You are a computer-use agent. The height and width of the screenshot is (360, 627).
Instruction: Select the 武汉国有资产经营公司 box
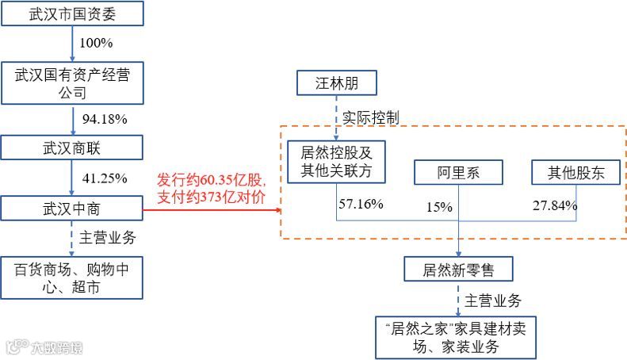pyautogui.click(x=72, y=83)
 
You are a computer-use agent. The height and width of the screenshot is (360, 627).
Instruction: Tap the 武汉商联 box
pyautogui.click(x=72, y=147)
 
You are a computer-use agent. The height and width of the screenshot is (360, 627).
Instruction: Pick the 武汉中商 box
pyautogui.click(x=72, y=209)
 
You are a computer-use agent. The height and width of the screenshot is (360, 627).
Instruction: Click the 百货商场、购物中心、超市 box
pyautogui.click(x=72, y=278)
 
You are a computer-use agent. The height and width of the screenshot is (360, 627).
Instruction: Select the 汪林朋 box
pyautogui.click(x=337, y=82)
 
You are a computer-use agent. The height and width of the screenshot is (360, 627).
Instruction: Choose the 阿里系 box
pyautogui.click(x=458, y=172)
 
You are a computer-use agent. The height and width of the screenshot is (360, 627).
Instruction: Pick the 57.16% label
pyautogui.click(x=361, y=204)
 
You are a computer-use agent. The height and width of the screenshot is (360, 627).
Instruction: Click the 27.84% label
pyautogui.click(x=555, y=205)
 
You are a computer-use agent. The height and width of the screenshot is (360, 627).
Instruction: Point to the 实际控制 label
pyautogui.click(x=370, y=117)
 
